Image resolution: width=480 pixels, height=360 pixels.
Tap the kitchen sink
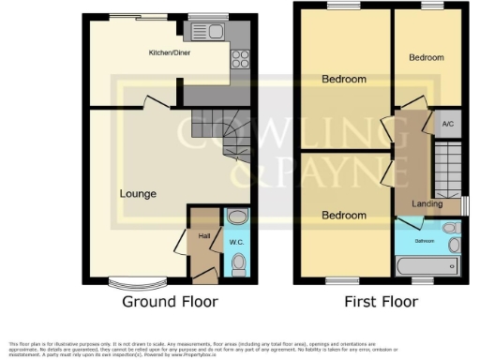(206, 33)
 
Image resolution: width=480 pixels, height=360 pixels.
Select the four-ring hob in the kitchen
(239, 59)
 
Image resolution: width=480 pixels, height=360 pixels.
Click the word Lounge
(138, 194)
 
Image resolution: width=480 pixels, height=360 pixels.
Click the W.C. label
(236, 243)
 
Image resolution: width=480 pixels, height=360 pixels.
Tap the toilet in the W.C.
(238, 263)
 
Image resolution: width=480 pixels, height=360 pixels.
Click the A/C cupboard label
(447, 123)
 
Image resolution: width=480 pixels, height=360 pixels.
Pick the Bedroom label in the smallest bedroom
(427, 58)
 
